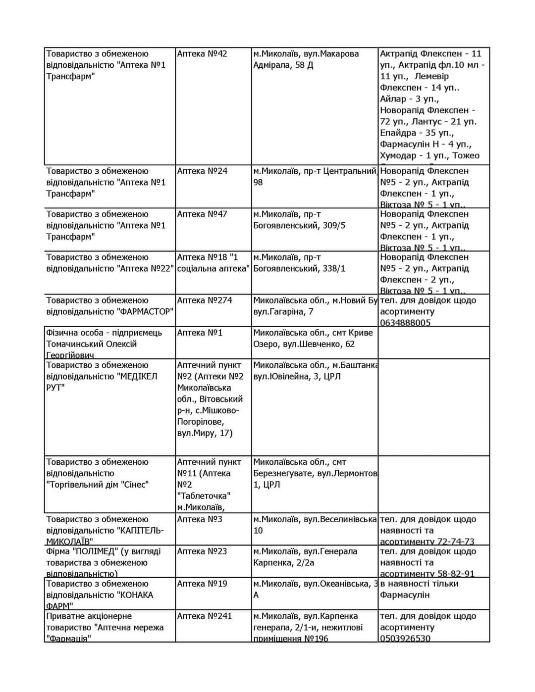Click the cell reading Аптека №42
202,54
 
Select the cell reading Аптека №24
202,171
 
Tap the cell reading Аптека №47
202,214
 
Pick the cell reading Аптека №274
205,300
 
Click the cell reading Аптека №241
205,616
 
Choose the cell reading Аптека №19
202,584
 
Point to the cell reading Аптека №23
202,551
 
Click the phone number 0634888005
405,323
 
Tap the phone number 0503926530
405,639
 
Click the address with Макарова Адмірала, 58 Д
306,59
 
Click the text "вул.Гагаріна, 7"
283,312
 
